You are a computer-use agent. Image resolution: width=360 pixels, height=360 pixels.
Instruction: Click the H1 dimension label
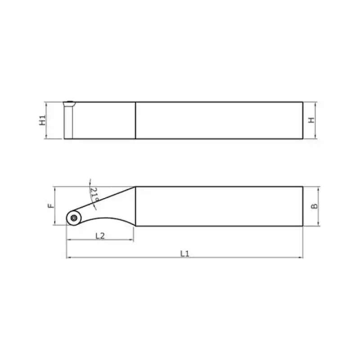[43, 120]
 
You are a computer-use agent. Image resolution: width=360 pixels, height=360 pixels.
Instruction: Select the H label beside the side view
[310, 120]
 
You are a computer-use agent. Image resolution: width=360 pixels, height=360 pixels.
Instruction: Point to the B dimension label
[315, 206]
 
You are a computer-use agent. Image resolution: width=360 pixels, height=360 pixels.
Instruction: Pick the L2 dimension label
[100, 236]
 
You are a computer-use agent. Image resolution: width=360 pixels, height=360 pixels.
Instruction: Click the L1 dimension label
[184, 253]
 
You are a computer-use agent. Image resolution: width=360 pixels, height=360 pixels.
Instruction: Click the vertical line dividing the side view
[135, 120]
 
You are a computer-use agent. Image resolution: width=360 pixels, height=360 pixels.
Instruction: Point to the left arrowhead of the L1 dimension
[68, 257]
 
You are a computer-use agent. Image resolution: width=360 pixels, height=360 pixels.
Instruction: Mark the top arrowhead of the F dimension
[54, 189]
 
